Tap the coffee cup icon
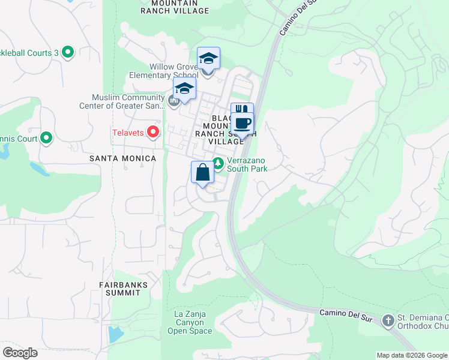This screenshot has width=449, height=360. tap(242, 124)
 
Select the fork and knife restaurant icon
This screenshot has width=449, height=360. tap(242, 110)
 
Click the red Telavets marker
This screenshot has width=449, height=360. tap(154, 131)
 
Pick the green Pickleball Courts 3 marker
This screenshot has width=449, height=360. tap(67, 53)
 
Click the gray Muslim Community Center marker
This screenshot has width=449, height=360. tap(174, 101)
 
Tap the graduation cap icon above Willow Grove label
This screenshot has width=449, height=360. tap(208, 58)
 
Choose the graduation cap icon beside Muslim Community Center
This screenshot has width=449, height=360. tap(184, 89)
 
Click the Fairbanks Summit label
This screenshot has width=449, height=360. tap(120, 288)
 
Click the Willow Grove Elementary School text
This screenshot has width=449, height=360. tap(164, 71)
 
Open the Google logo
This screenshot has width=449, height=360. tap(20, 352)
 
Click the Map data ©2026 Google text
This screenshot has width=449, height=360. tap(411, 355)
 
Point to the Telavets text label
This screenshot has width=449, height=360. tap(128, 132)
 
